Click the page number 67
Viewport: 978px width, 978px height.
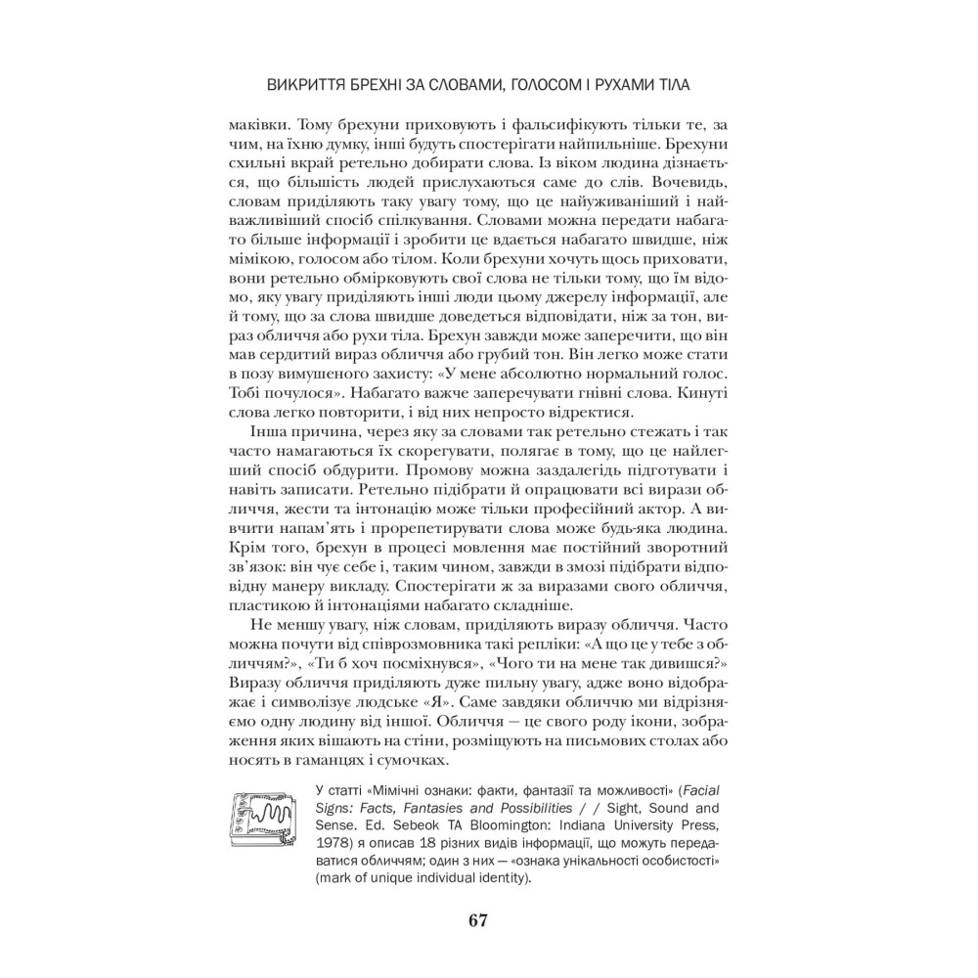[x=477, y=920]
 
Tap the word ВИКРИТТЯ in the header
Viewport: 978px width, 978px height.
[x=309, y=85]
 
